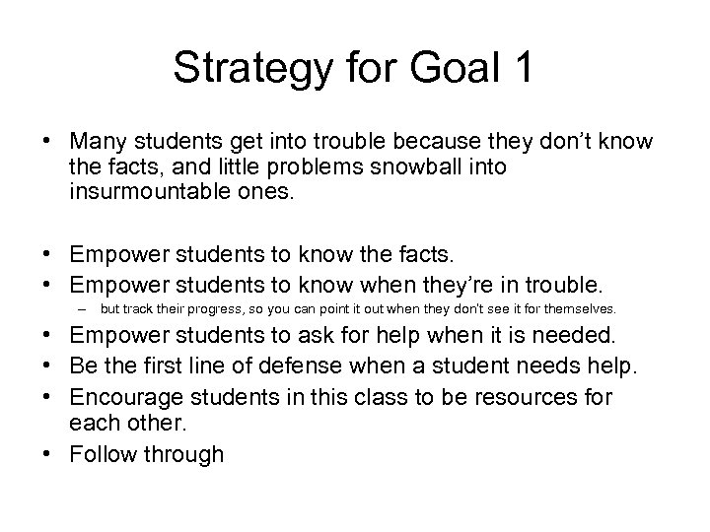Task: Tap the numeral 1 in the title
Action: [x=524, y=68]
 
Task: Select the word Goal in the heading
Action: [x=446, y=68]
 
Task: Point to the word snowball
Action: [x=406, y=167]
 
